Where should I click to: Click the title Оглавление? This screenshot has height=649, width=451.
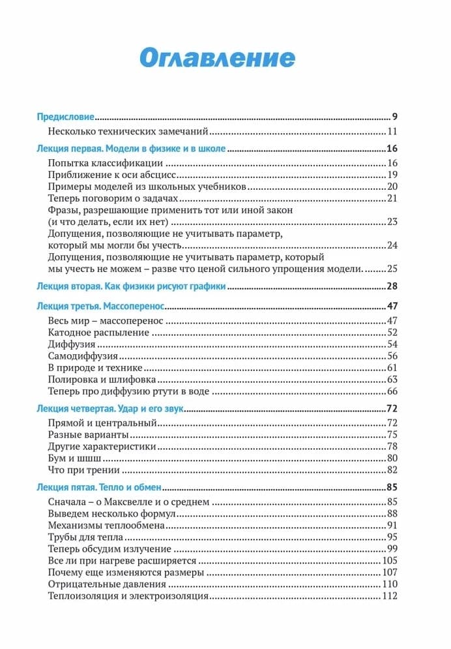(217, 57)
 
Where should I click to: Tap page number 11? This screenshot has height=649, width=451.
(392, 132)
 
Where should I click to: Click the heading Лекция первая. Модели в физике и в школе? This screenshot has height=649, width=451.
(131, 149)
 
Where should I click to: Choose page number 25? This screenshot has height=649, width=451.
(392, 269)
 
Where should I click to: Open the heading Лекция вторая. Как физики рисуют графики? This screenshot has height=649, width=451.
(131, 286)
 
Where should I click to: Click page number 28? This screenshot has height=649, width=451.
(392, 286)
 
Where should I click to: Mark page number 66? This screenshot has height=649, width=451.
(392, 391)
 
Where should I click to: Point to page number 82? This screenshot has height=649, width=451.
(392, 470)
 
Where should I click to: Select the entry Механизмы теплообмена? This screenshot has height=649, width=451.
(107, 525)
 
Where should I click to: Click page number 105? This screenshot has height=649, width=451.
(390, 560)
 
